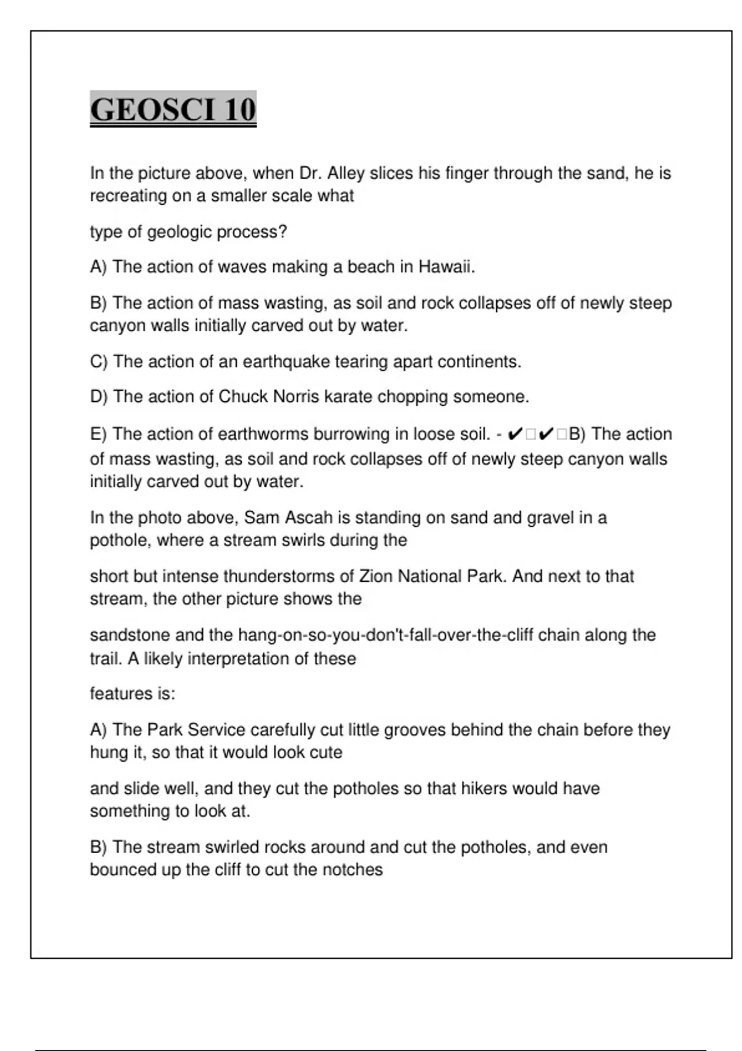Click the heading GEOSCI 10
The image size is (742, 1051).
coord(173,110)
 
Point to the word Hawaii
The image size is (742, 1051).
coord(446,267)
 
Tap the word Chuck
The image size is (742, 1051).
coord(242,397)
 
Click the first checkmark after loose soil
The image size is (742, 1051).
coord(514,435)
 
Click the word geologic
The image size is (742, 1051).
coord(177,232)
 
